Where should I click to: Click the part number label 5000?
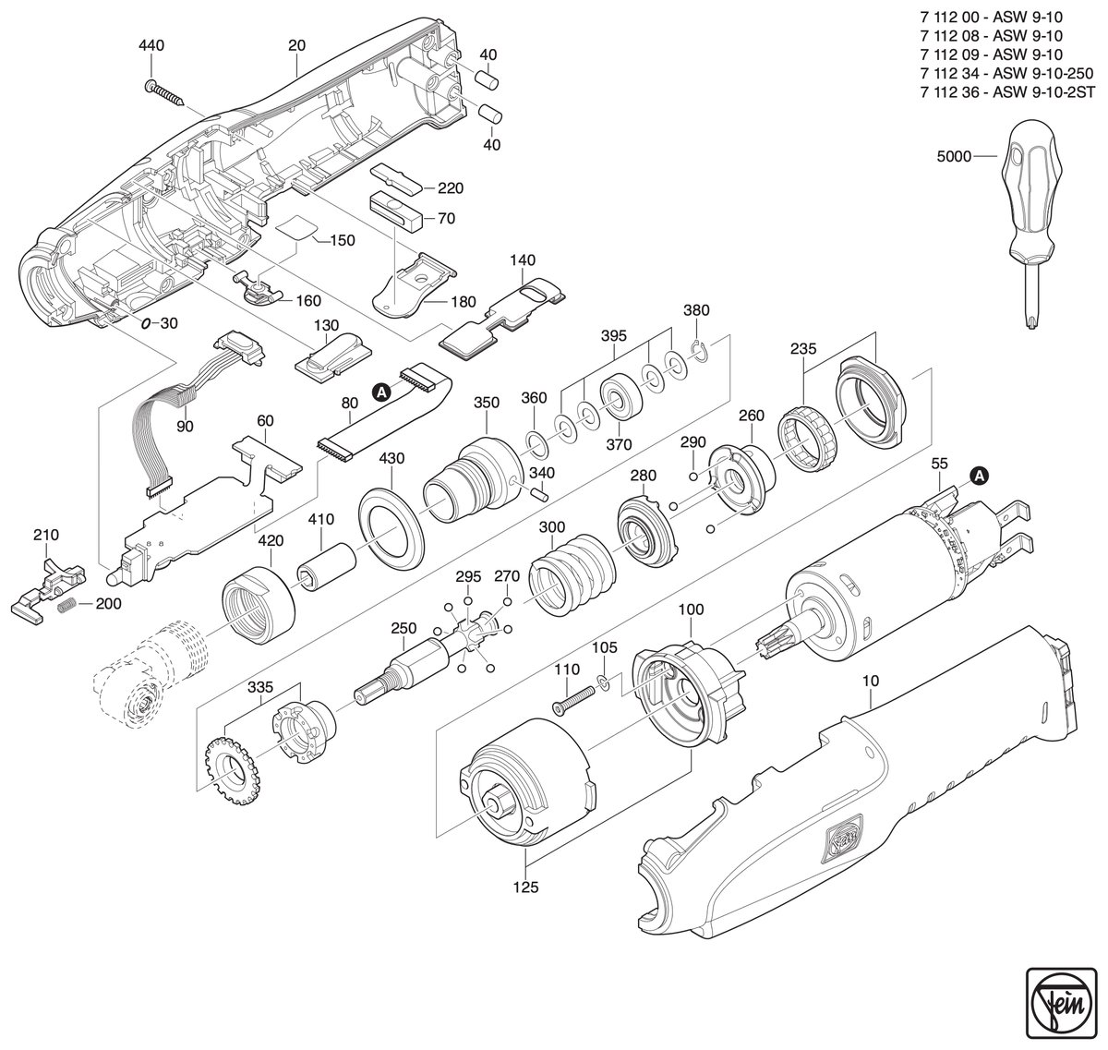[954, 157]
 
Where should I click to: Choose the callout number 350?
[487, 402]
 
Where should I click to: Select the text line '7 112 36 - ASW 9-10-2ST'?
[1007, 91]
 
